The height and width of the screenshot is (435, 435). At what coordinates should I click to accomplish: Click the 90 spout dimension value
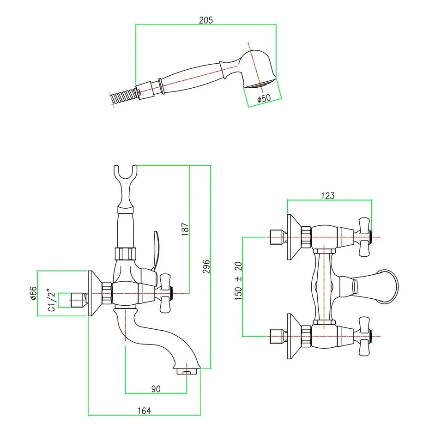pos(156,389)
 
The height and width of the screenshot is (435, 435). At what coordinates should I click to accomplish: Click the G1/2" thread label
pos(52,300)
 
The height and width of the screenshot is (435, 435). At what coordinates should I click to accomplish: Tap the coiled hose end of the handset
pos(122,96)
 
